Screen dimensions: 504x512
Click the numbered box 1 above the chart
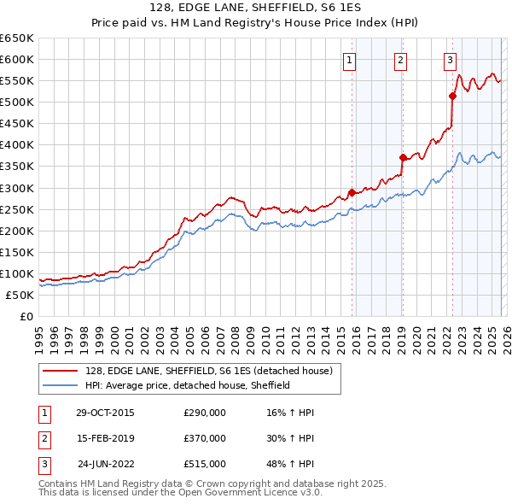(x=351, y=60)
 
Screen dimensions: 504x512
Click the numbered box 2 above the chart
(x=400, y=60)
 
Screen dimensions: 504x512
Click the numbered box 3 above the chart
(x=450, y=60)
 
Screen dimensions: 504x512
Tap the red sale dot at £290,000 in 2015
(x=352, y=192)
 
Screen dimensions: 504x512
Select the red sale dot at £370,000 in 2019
(x=402, y=157)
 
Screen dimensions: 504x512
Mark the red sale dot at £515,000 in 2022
(x=452, y=96)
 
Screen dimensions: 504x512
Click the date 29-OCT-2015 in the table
(x=105, y=413)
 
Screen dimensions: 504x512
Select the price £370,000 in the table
(x=205, y=438)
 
